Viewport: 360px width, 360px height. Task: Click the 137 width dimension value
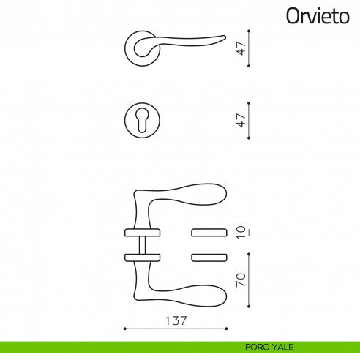(175, 320)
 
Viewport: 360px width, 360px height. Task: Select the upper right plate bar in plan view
(209, 233)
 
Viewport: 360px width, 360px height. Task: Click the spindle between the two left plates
(142, 244)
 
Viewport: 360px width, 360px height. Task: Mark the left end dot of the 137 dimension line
(126, 328)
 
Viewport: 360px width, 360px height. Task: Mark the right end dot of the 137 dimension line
(225, 328)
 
